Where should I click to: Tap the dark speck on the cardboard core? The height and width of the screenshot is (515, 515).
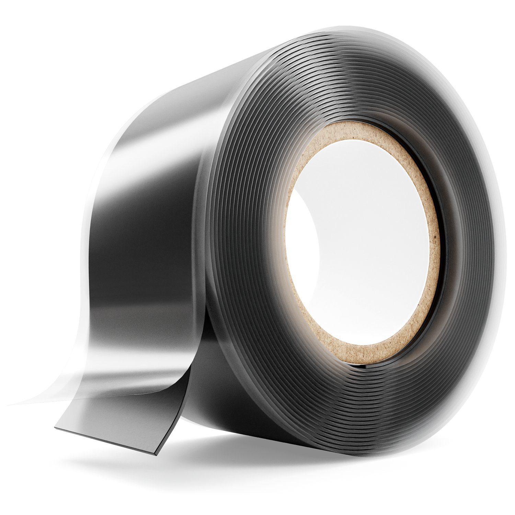pyautogui.click(x=435, y=237)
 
